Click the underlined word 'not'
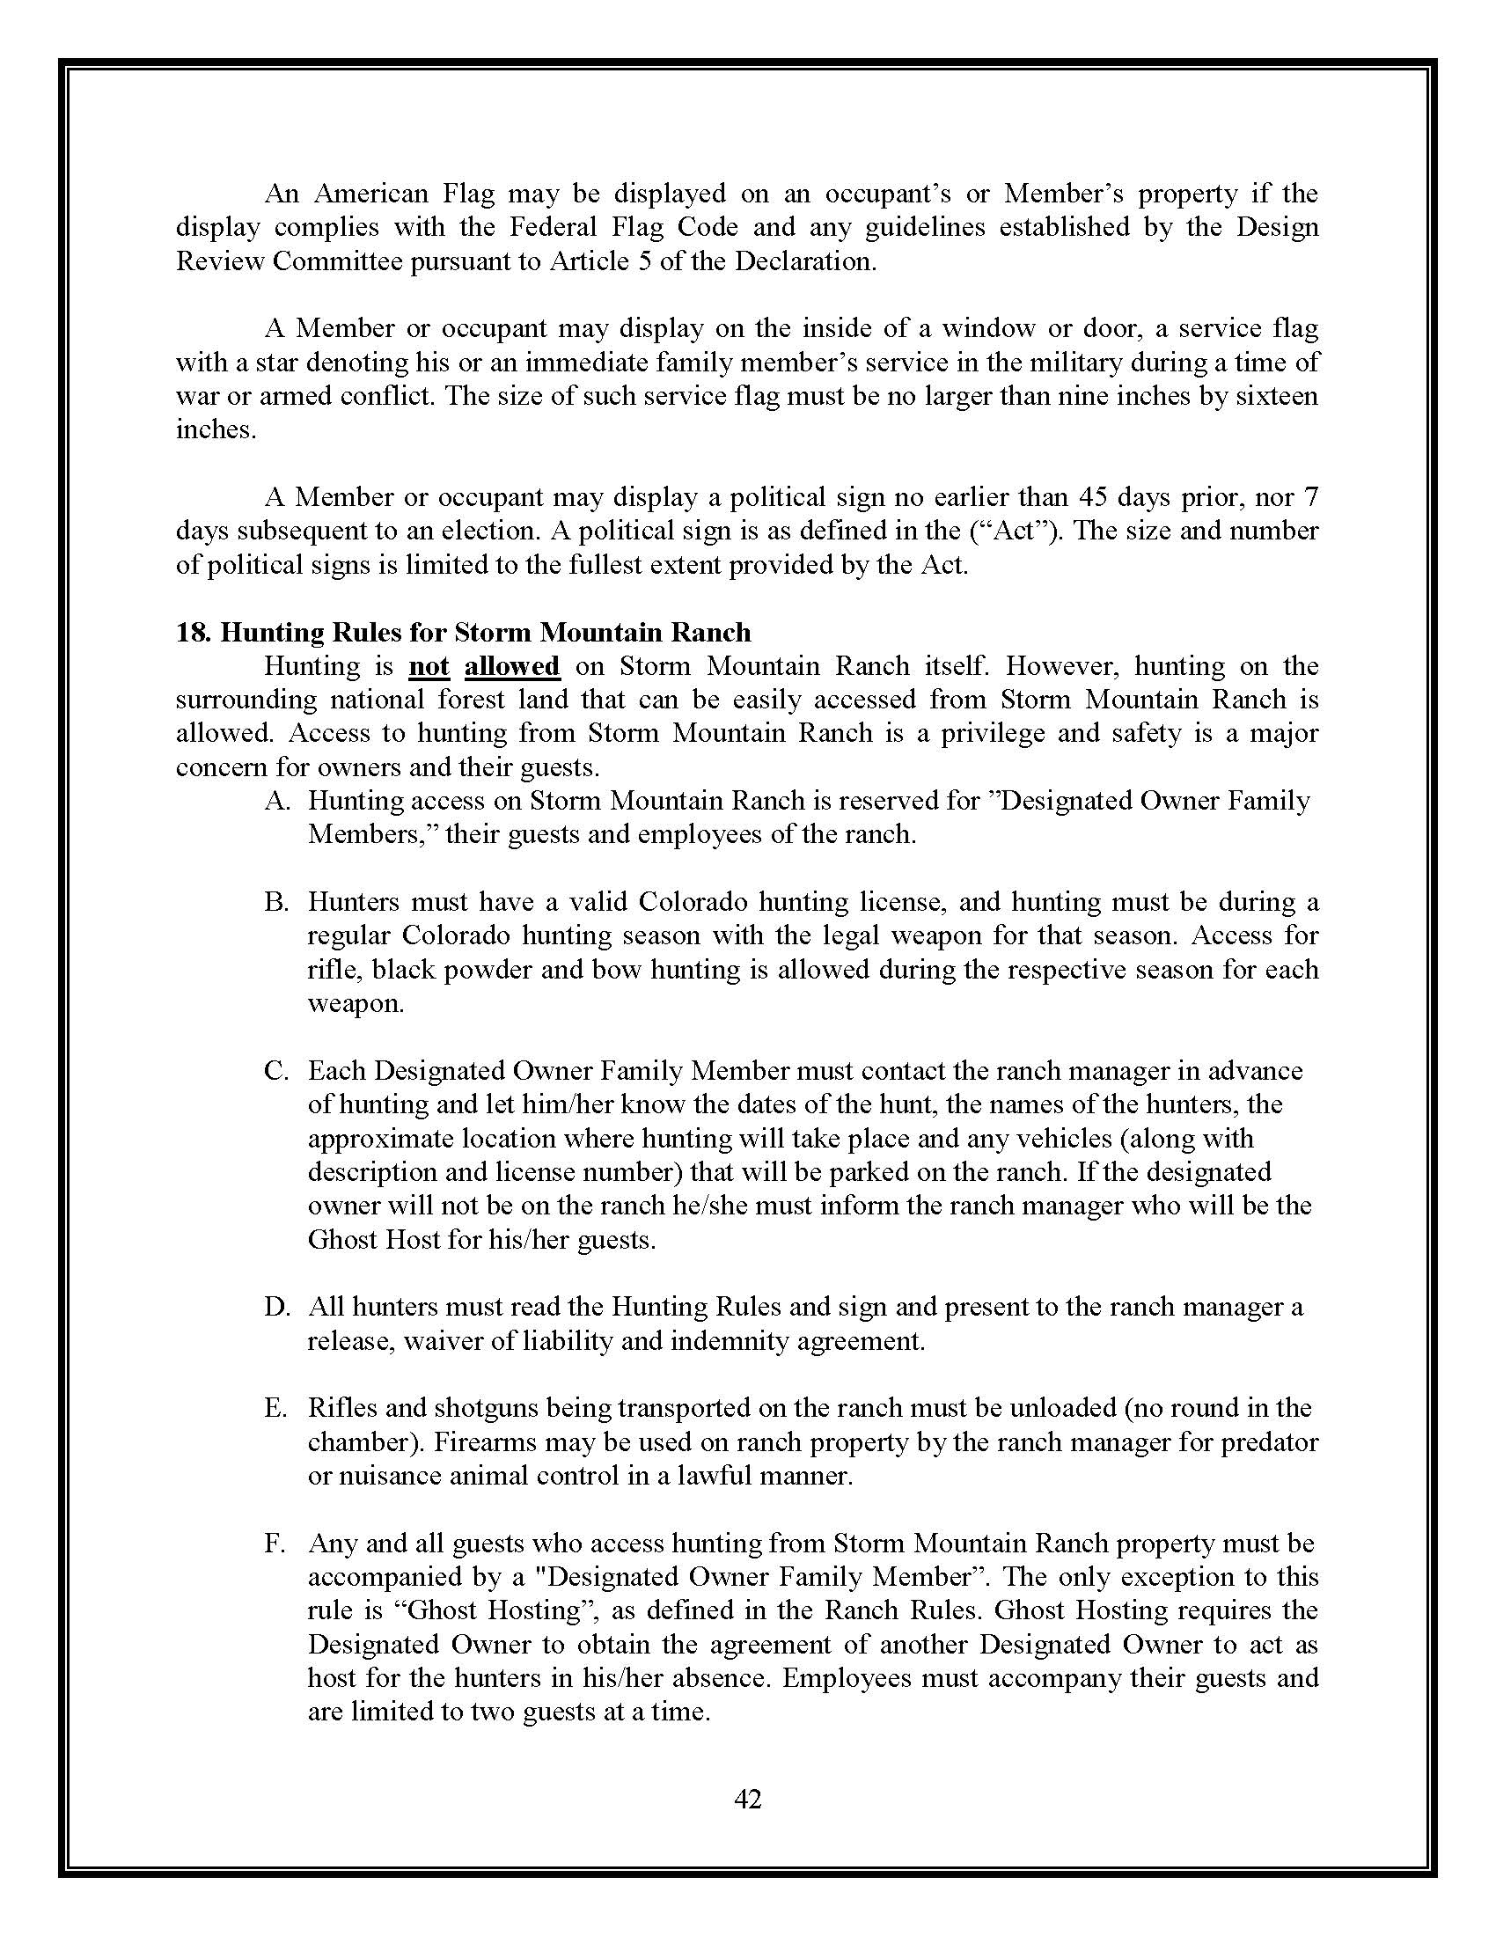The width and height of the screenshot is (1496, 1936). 429,666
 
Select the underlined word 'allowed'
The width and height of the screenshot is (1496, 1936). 512,666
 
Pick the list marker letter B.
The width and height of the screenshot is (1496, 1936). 276,901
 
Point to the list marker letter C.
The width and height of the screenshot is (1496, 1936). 276,1070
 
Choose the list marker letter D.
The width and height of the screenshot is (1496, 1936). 276,1306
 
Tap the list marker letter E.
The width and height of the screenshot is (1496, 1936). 275,1408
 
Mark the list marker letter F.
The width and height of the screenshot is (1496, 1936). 275,1543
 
